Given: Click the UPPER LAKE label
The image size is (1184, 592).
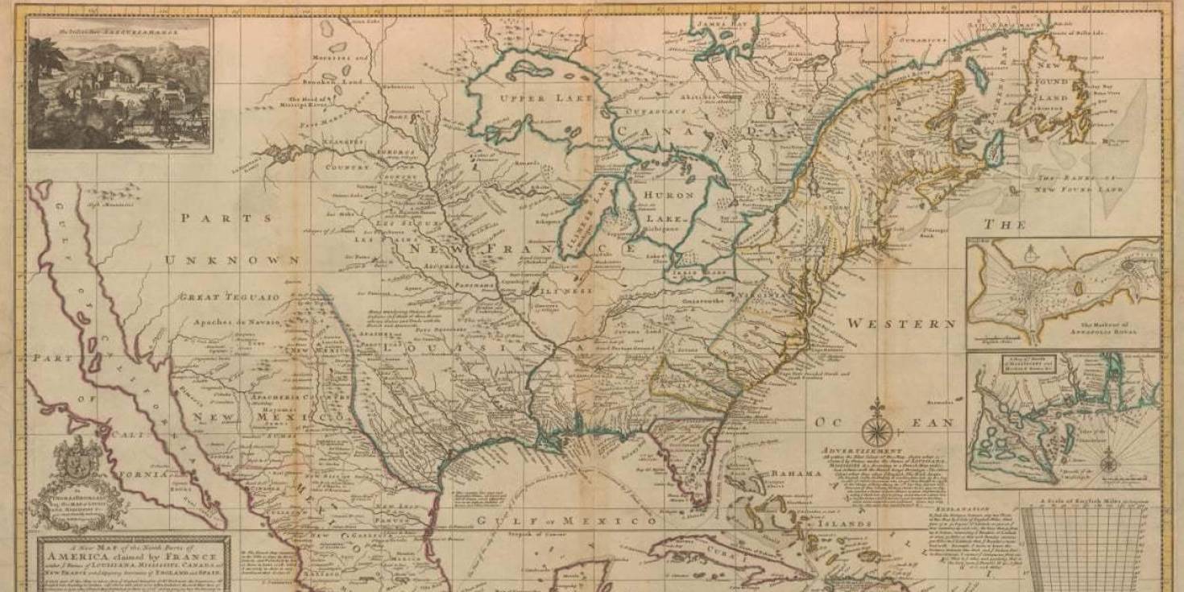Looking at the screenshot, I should pos(546,97).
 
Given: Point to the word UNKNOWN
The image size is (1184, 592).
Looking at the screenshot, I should pos(233,260).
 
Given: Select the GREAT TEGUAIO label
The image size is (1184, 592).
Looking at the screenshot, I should pos(230,297).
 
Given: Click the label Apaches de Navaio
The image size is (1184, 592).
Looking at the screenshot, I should pos(237,322).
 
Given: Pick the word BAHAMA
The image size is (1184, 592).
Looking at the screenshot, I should pos(796,473).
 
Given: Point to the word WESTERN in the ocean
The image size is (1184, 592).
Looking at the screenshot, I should pos(900,324).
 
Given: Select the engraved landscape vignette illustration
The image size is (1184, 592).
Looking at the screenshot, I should pos(120,85).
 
